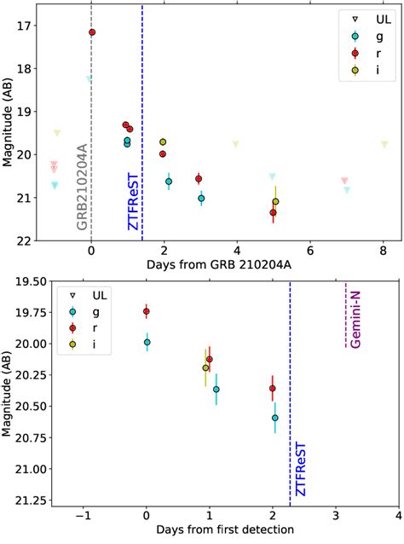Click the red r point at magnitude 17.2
click(92, 32)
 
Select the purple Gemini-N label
click(354, 321)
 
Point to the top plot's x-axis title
click(218, 265)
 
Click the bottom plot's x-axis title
click(218, 530)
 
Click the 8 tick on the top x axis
click(384, 252)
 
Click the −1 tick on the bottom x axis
click(84, 515)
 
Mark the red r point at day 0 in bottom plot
click(147, 311)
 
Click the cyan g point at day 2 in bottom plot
click(274, 418)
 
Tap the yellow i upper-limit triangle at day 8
click(384, 144)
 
